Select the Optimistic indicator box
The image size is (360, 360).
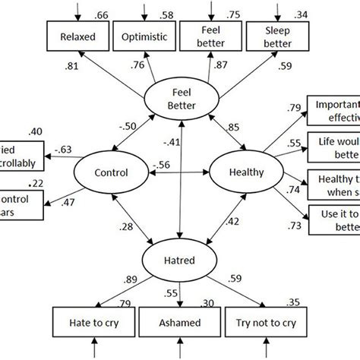tap(142, 36)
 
